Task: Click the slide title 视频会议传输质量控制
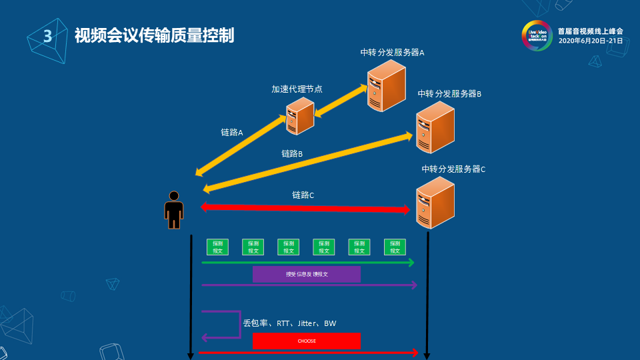tap(154, 35)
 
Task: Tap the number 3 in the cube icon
tap(47, 36)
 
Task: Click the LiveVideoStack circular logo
tap(536, 35)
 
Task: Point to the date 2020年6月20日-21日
tap(590, 41)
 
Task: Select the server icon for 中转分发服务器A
tap(386, 85)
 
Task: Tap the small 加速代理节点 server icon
tap(300, 115)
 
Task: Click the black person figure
tap(174, 210)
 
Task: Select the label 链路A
tap(231, 133)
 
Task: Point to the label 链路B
tap(292, 154)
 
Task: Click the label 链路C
tap(303, 195)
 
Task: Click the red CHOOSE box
tap(307, 341)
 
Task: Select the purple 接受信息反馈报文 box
tap(307, 274)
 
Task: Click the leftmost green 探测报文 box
tap(217, 247)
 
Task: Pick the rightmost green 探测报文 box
tap(395, 247)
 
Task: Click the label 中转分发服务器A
tap(392, 53)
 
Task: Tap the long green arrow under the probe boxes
tap(307, 263)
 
